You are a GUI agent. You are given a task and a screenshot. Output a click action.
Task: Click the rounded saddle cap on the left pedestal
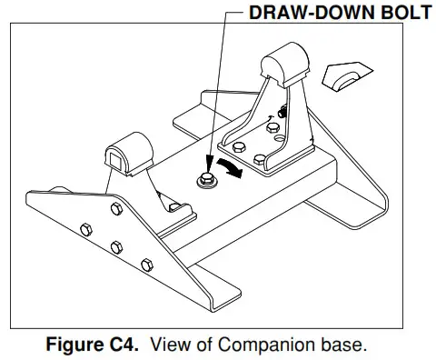click(128, 149)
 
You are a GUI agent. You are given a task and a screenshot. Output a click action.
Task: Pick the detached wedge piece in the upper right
click(347, 82)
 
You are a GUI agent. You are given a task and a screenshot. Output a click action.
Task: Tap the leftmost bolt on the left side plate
click(84, 227)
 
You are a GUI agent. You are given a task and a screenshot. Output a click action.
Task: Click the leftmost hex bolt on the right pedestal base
click(239, 147)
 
